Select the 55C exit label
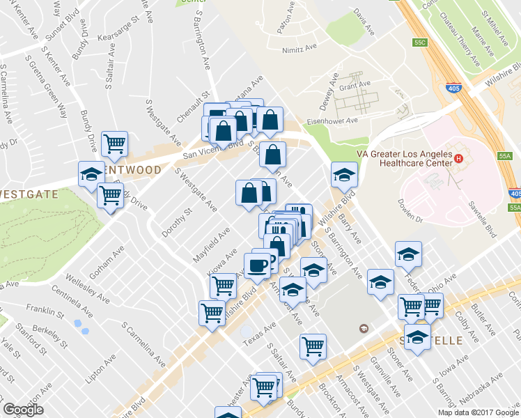(x=419, y=42)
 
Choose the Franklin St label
(x=40, y=307)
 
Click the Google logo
(x=23, y=410)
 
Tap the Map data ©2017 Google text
(x=479, y=412)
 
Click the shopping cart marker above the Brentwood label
(x=114, y=144)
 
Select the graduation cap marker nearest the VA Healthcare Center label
(x=343, y=175)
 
